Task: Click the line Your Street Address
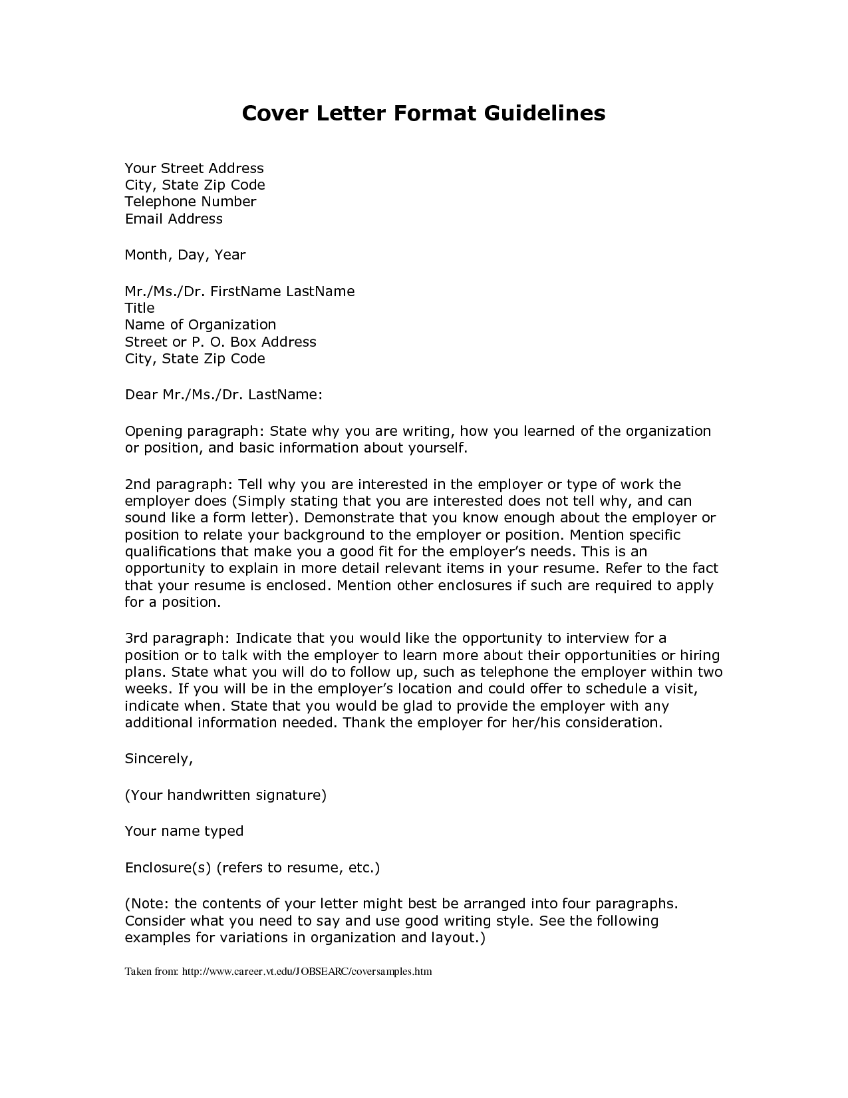click(194, 168)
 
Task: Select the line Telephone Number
click(190, 202)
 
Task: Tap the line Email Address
click(174, 219)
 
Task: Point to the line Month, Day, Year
click(185, 255)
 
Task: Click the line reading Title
click(140, 308)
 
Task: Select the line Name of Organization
click(200, 325)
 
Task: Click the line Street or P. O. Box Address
click(220, 342)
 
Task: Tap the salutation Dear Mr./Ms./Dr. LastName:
click(223, 395)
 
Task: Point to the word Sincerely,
click(159, 759)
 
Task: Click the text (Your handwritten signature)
click(225, 795)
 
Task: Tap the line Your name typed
click(184, 831)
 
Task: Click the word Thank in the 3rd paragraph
click(364, 723)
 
